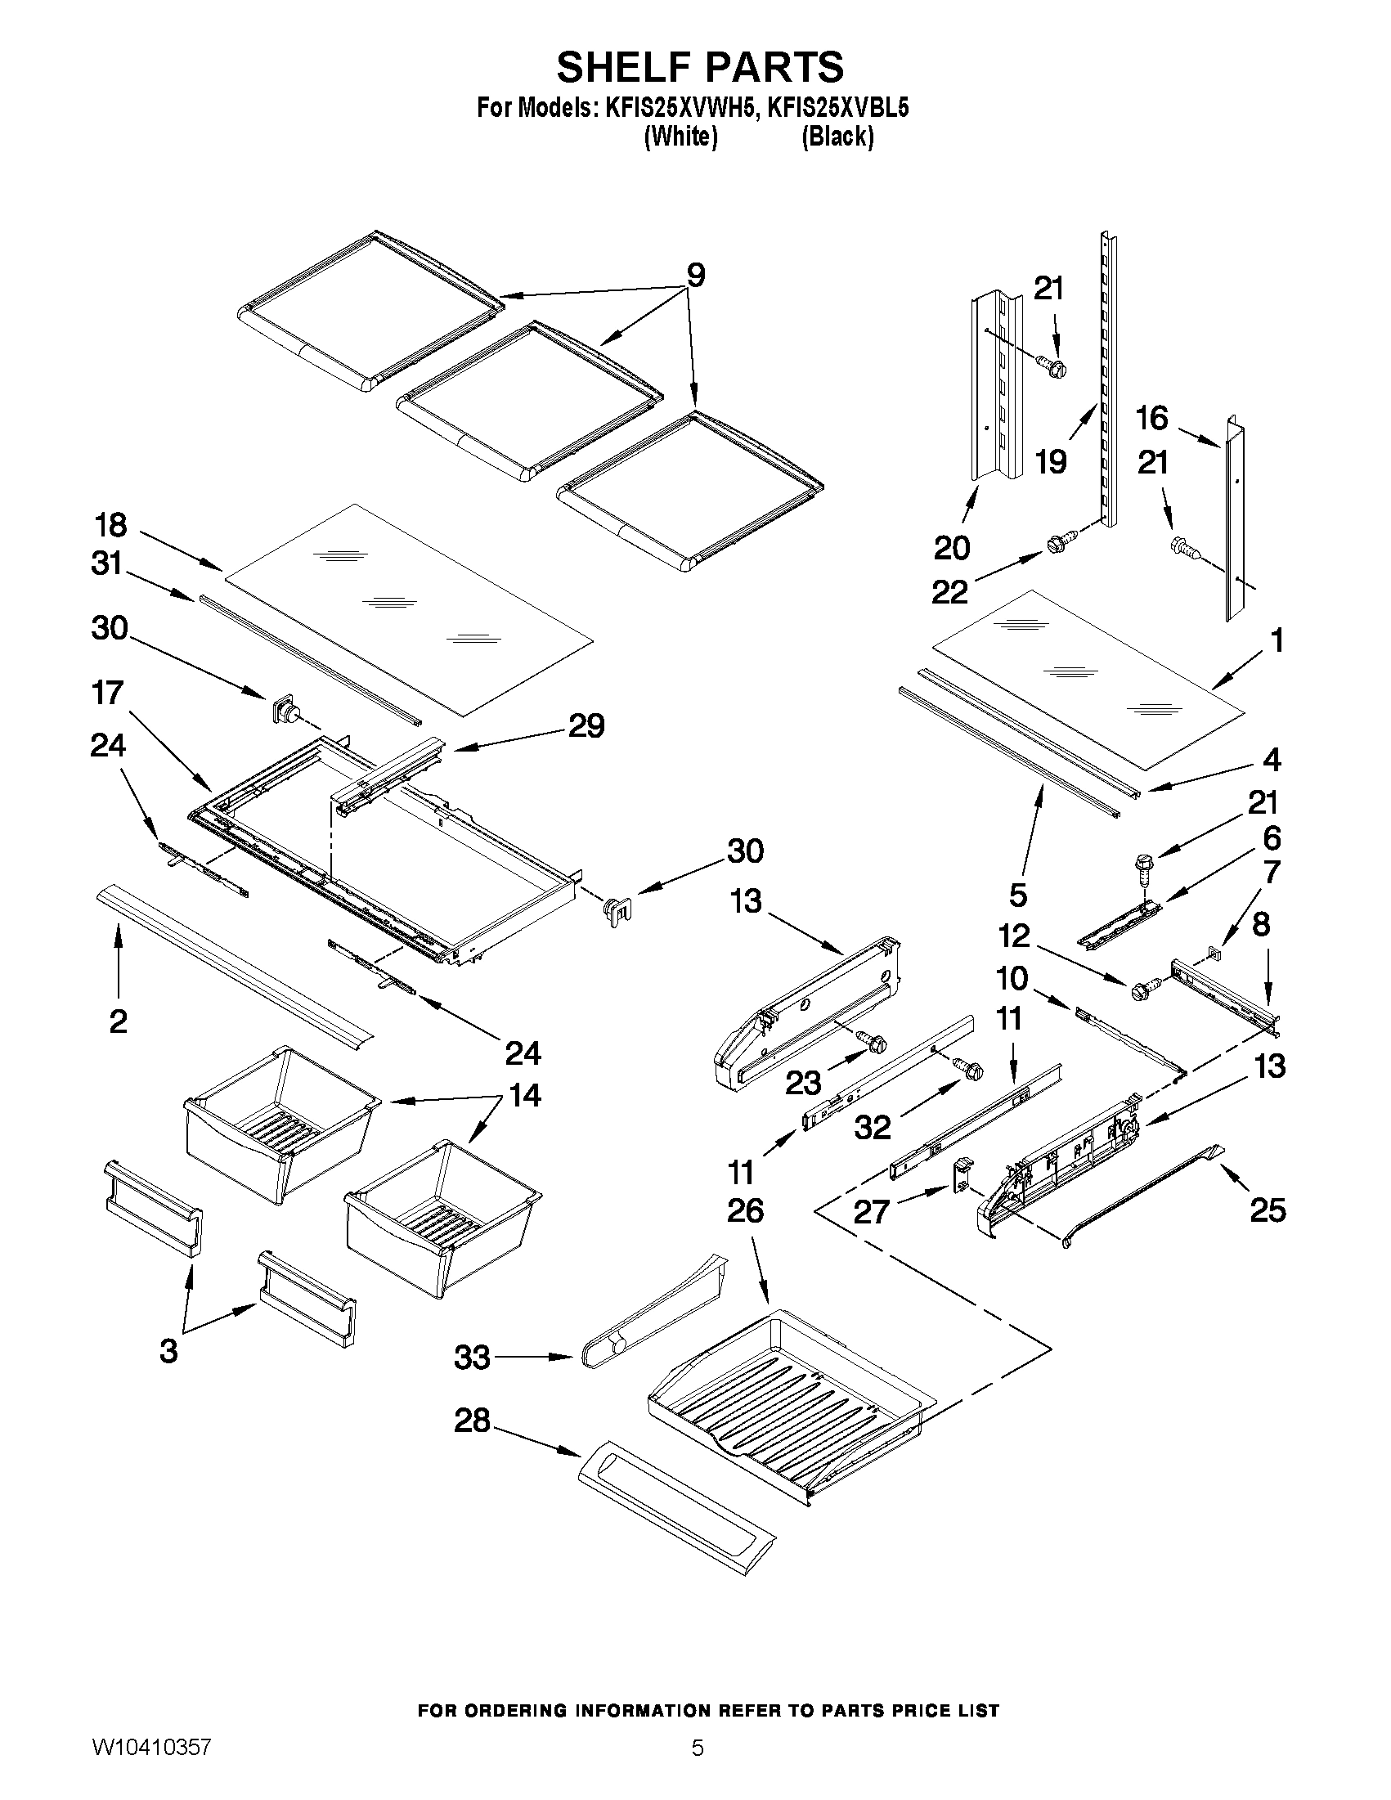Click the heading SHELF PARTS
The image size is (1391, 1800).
click(700, 68)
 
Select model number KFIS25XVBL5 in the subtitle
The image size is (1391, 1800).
click(838, 109)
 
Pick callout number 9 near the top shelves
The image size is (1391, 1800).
click(695, 276)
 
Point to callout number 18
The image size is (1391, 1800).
click(110, 524)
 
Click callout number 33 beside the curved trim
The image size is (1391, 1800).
click(472, 1357)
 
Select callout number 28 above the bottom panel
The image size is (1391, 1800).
click(472, 1420)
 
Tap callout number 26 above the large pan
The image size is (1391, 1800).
click(745, 1210)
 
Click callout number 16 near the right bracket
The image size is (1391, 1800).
click(1152, 418)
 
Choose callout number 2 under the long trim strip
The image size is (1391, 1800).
click(119, 1021)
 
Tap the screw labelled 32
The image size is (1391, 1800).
click(971, 1069)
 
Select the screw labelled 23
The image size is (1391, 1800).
click(873, 1042)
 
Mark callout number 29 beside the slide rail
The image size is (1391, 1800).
click(586, 725)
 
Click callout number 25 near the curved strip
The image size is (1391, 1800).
click(1268, 1210)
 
